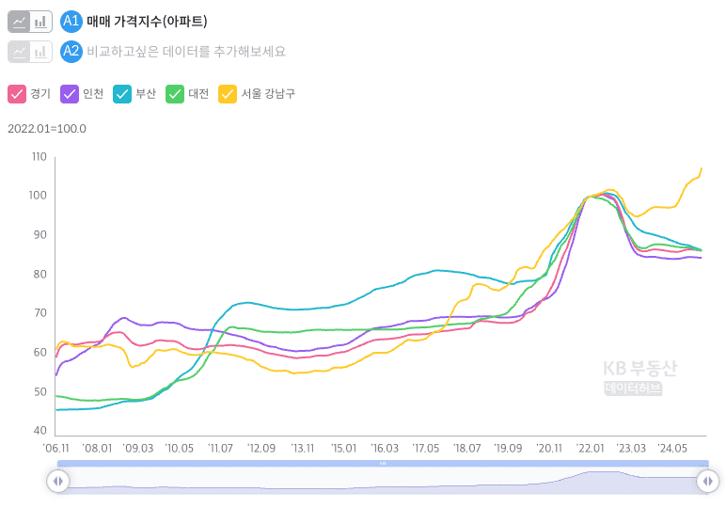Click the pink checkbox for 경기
coord(16,93)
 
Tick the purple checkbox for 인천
coord(69,93)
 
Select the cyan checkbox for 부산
coord(121,93)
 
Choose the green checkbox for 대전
coord(174,93)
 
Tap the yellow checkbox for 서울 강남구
coord(227,93)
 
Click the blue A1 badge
coord(71,22)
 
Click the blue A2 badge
coord(71,51)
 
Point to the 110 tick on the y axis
coord(39,156)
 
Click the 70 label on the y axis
coord(39,313)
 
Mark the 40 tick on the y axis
coord(39,431)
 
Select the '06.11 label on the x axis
coord(57,449)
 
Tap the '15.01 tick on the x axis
coord(343,449)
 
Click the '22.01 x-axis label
coord(590,449)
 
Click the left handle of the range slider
coord(57,481)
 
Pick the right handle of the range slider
coord(707,481)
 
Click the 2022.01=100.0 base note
coord(47,129)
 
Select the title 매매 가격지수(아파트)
coord(147,22)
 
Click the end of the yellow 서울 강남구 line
coord(702,168)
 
